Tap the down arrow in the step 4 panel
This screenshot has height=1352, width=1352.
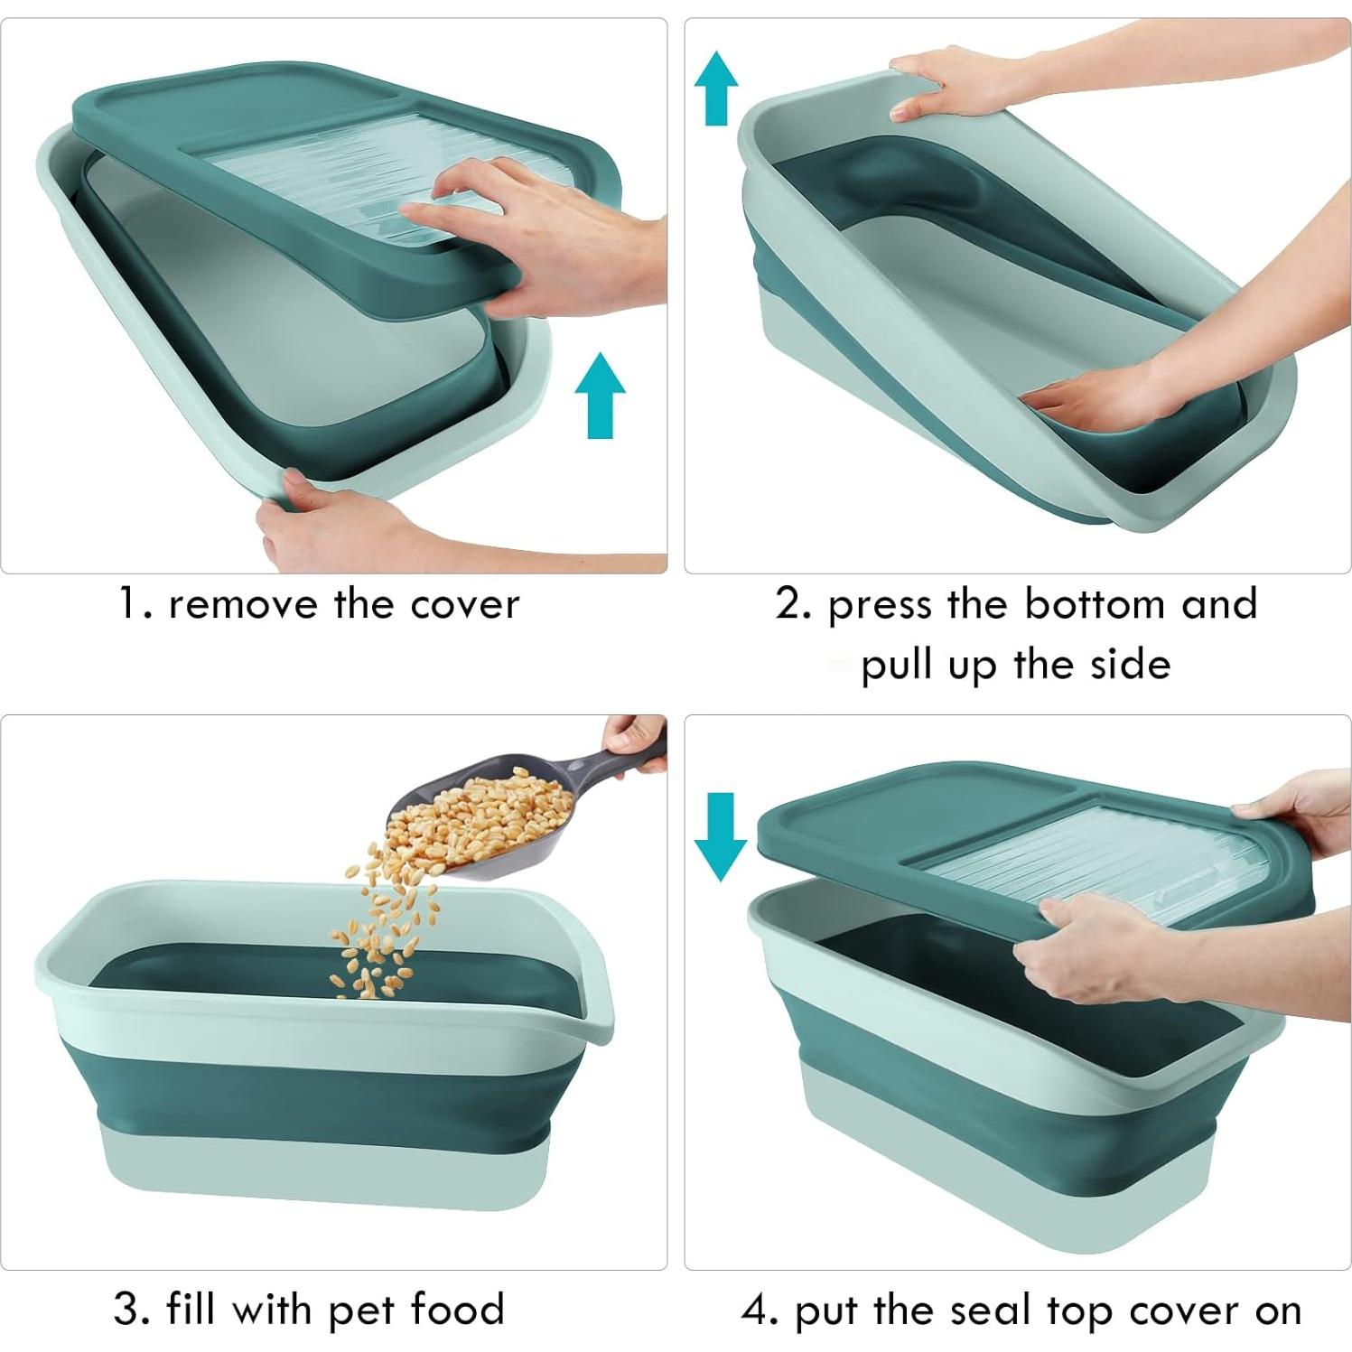pos(720,836)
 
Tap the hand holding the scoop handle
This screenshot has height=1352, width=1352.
pos(636,739)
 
